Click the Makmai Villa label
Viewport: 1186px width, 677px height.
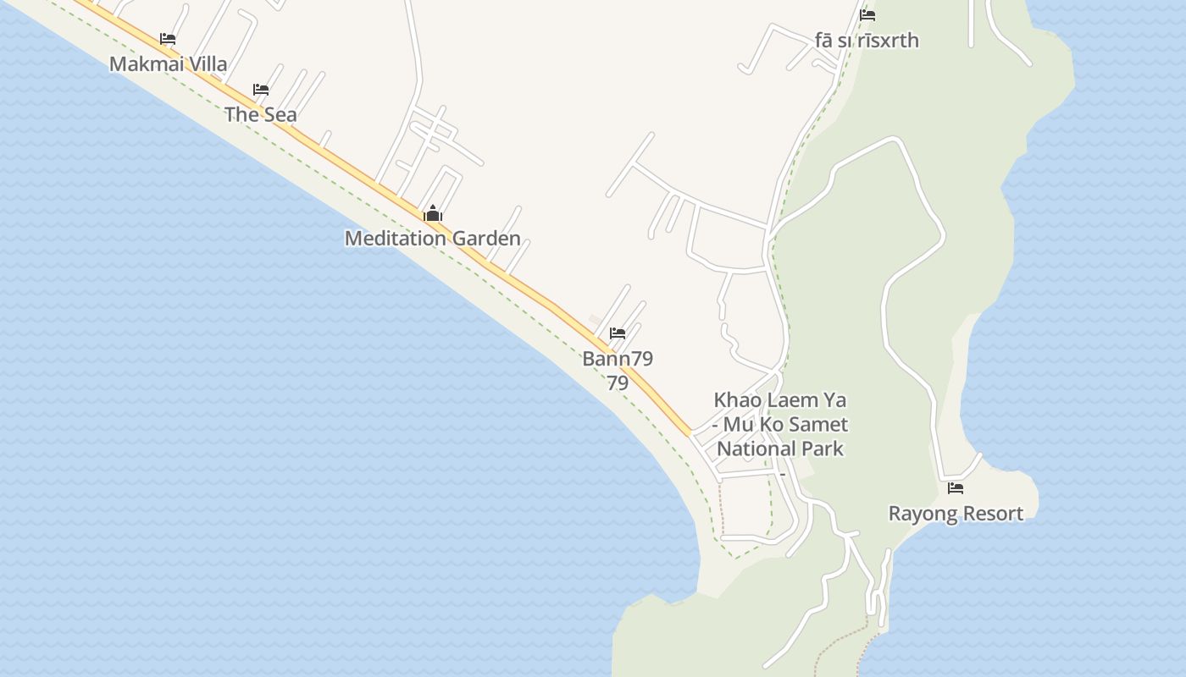[x=168, y=64]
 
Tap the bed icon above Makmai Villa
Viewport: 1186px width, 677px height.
[x=168, y=39]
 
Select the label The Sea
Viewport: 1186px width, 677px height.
[x=261, y=114]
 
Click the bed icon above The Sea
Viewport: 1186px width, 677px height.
[x=261, y=90]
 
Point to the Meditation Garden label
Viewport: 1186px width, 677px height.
[x=432, y=239]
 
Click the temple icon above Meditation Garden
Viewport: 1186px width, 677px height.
[x=433, y=213]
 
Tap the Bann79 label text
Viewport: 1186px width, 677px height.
[x=618, y=359]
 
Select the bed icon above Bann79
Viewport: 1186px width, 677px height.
[x=618, y=333]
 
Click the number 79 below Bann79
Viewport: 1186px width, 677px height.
[x=618, y=383]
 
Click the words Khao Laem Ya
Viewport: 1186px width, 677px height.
[x=780, y=399]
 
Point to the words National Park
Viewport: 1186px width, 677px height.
[x=780, y=449]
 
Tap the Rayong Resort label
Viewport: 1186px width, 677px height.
[x=956, y=514]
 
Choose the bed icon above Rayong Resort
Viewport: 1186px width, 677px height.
[x=956, y=488]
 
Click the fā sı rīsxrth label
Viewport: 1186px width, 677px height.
[x=867, y=41]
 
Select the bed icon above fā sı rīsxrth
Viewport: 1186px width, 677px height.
[x=867, y=15]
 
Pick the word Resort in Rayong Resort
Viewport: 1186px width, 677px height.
[x=991, y=514]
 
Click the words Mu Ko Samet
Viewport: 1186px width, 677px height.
[x=786, y=424]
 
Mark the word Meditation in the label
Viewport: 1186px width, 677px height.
[x=395, y=239]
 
